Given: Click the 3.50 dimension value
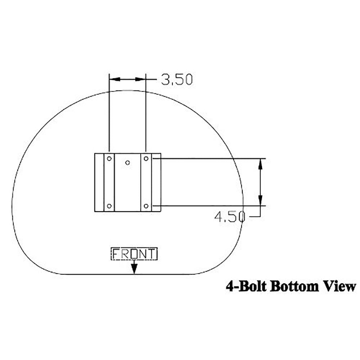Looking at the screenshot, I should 177,79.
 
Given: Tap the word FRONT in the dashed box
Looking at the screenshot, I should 134,254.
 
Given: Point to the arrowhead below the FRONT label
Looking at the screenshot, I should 134,269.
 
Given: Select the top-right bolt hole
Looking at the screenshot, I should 146,158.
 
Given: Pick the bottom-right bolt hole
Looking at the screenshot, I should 146,206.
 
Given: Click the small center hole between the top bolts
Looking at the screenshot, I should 127,163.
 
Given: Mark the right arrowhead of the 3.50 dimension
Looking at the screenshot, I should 142,79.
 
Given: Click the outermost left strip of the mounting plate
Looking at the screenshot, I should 99,183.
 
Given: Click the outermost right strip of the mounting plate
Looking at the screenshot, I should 156,183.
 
